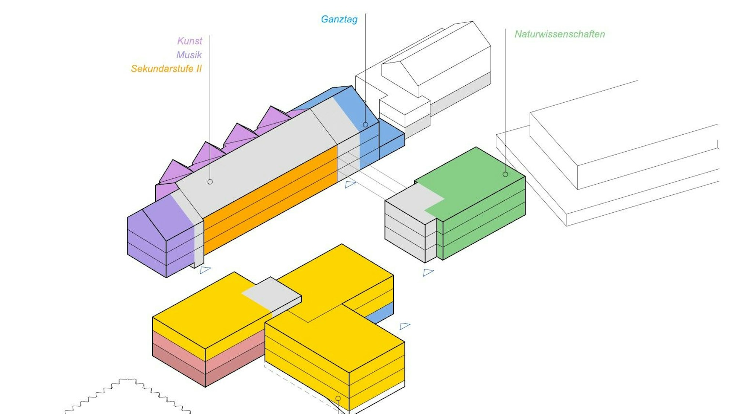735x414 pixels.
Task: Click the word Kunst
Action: (190, 41)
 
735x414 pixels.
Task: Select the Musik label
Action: (189, 55)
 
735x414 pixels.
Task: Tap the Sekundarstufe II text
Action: (166, 69)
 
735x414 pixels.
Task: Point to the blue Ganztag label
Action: (339, 19)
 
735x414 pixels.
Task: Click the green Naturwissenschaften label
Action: (559, 34)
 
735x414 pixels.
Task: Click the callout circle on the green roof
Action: (505, 174)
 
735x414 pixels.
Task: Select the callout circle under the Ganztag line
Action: (365, 125)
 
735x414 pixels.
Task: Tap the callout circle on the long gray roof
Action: (210, 182)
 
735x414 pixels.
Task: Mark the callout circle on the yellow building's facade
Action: (338, 398)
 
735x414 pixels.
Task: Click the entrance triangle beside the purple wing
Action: (205, 270)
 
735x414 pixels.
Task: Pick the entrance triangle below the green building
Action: (428, 272)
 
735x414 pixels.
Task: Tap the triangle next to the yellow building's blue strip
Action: (404, 326)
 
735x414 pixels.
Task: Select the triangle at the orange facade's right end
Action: (350, 184)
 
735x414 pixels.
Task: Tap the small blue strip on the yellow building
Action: (382, 313)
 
